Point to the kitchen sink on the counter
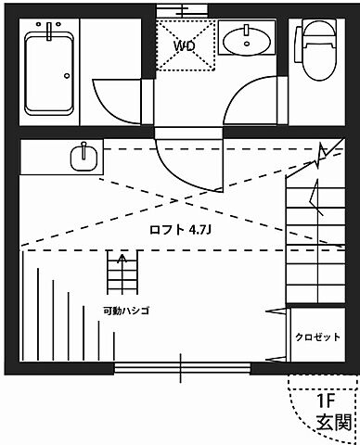[x=85, y=157]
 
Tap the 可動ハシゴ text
[x=126, y=311]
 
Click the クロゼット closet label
[x=317, y=337]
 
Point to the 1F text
[x=326, y=401]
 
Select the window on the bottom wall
[x=181, y=368]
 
